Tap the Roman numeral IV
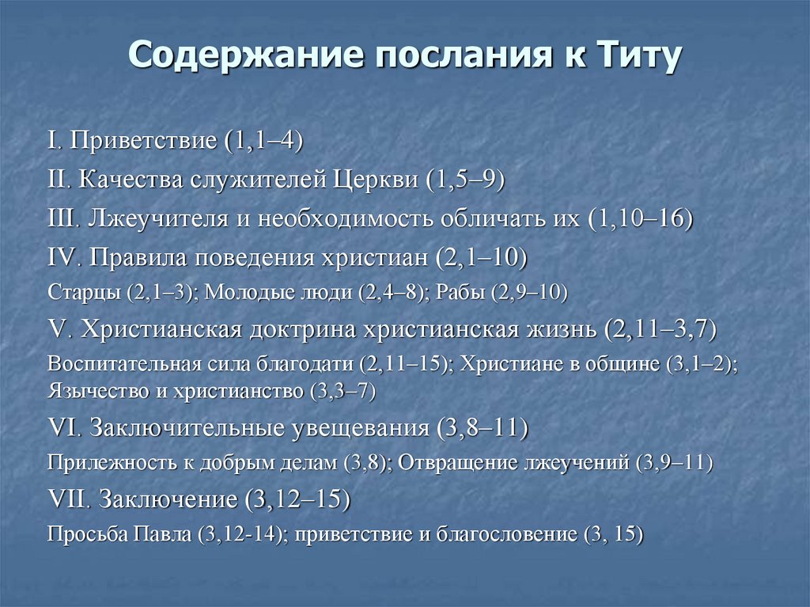click(62, 257)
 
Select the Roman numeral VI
click(62, 428)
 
